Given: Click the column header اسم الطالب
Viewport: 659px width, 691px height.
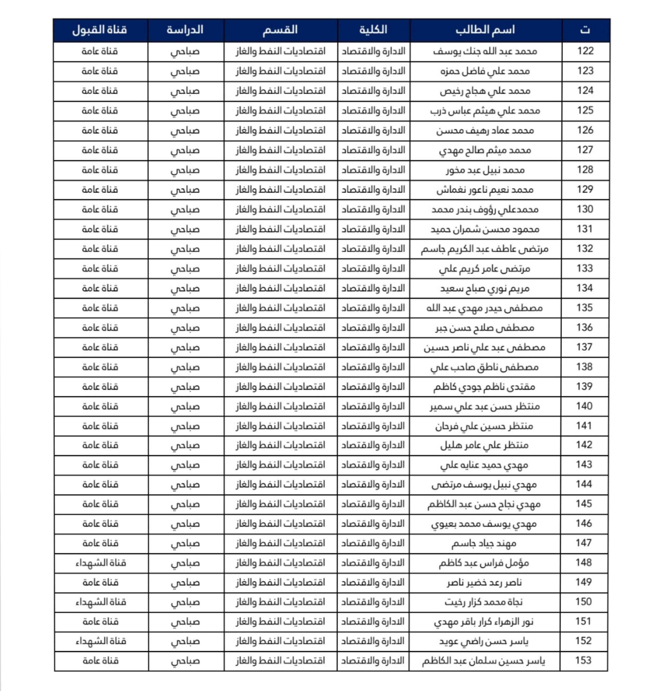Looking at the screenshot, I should (x=485, y=30).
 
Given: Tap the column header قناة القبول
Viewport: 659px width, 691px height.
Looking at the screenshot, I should (x=100, y=30).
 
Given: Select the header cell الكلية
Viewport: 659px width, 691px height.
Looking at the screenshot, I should (x=373, y=30).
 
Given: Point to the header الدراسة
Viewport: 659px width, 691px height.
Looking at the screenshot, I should (x=185, y=30).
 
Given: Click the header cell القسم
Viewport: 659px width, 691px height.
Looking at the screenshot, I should (x=280, y=30).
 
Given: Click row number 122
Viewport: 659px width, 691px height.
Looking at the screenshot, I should (x=585, y=51).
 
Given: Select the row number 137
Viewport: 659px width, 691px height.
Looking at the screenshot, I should (x=585, y=347).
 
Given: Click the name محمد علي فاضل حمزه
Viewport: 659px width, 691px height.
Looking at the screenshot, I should (x=485, y=71).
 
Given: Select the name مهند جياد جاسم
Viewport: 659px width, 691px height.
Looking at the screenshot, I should (x=484, y=544).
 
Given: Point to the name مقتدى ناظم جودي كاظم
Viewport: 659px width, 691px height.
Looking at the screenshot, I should (x=485, y=387).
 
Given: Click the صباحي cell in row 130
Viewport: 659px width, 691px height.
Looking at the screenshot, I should (x=185, y=210).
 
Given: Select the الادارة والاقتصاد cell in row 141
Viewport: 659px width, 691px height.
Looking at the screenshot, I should (x=373, y=426).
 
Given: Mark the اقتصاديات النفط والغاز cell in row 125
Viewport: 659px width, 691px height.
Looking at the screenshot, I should (x=280, y=111).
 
